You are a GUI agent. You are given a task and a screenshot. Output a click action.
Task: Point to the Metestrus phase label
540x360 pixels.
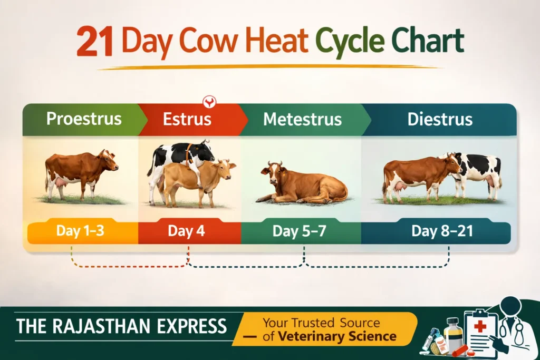tap(302, 119)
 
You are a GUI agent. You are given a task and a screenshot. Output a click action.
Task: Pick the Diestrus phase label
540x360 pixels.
tap(439, 119)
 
